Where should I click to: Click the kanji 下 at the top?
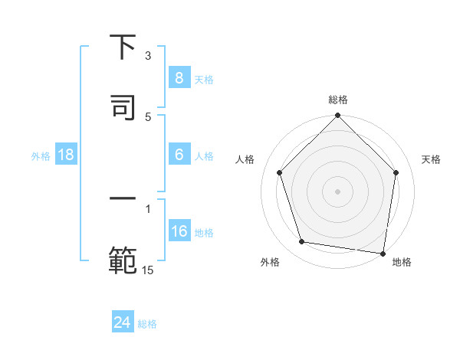(x=123, y=47)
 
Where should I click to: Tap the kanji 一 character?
(x=123, y=199)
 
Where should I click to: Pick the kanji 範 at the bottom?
(x=123, y=259)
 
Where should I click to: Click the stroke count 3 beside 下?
(x=148, y=56)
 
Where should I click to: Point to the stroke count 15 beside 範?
(x=148, y=269)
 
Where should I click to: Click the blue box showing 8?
(x=179, y=77)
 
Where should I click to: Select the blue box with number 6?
(x=179, y=155)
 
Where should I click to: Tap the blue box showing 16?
(x=179, y=231)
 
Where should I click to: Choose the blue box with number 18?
(x=66, y=155)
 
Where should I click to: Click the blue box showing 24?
(x=122, y=322)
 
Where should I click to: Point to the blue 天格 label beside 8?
(x=204, y=79)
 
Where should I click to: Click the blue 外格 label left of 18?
(x=41, y=156)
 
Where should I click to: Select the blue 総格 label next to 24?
(x=147, y=324)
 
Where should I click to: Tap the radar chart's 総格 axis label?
(x=337, y=100)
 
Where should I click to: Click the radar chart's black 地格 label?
(x=402, y=262)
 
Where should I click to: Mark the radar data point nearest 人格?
(x=280, y=172)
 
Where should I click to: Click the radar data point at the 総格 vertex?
(x=337, y=116)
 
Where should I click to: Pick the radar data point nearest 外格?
(x=302, y=242)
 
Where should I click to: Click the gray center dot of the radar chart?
(x=337, y=191)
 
